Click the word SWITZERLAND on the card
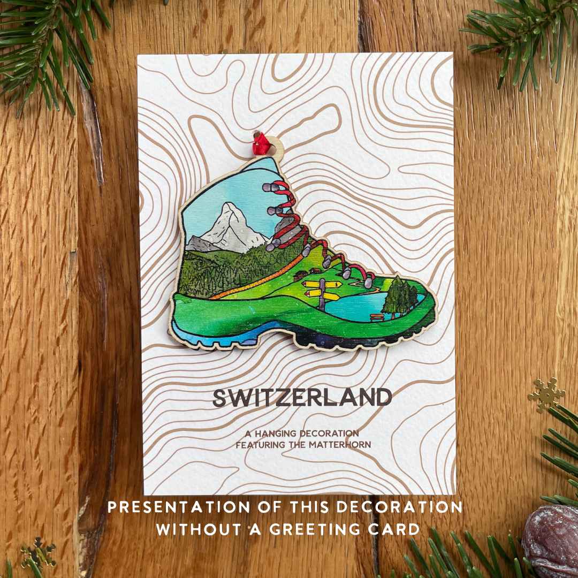pyautogui.click(x=302, y=398)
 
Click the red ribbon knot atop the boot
pyautogui.click(x=261, y=142)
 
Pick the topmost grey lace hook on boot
pyautogui.click(x=271, y=187)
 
